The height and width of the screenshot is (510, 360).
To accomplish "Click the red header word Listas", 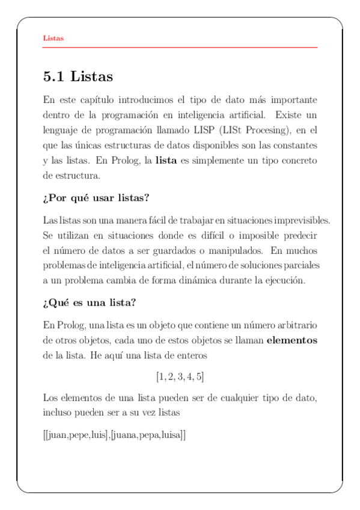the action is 53,38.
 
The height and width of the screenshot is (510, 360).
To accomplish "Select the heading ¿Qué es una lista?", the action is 93,303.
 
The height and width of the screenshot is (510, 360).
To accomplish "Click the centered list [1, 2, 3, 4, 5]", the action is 180,377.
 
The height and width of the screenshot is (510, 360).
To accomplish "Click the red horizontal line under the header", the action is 180,47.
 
